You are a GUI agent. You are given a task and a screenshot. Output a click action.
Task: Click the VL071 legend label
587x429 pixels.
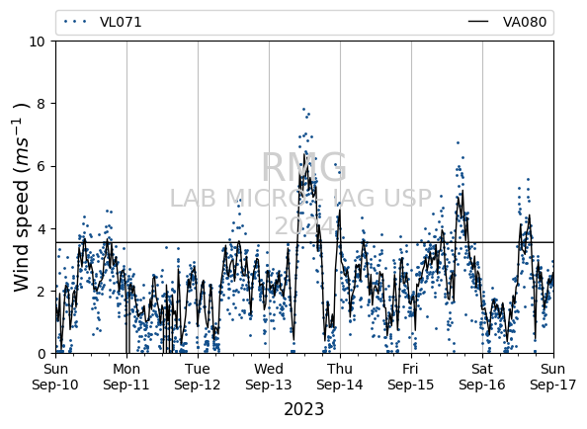[121, 22]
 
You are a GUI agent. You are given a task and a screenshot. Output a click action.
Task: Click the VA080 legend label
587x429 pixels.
[525, 22]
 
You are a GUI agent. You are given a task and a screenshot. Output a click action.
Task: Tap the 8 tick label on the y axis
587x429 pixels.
[42, 104]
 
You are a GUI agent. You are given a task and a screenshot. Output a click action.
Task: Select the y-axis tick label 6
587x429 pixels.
[42, 166]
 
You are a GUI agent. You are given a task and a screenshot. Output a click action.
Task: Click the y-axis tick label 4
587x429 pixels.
[42, 228]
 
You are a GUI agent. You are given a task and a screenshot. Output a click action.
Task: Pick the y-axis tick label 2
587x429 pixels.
[42, 292]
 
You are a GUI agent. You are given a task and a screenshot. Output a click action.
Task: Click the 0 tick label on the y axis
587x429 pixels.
[42, 354]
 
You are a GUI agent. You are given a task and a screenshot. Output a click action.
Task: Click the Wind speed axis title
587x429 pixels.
[21, 198]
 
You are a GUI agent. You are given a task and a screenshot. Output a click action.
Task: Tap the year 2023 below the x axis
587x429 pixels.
[304, 409]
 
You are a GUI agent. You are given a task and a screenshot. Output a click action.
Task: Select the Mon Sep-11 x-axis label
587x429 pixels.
[126, 377]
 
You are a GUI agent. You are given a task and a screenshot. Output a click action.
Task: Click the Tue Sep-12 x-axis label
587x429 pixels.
[198, 377]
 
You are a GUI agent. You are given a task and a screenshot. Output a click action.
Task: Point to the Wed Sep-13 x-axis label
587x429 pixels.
[269, 377]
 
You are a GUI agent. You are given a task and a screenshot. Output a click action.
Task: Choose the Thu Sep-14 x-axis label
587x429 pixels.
[340, 377]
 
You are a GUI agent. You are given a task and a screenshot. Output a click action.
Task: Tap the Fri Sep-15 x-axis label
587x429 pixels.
[411, 377]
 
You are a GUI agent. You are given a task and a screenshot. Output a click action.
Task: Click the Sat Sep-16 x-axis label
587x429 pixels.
[482, 377]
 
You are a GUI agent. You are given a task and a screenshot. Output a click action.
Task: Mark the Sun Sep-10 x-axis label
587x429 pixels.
[55, 377]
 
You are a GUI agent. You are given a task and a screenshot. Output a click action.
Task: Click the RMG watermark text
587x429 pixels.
[304, 167]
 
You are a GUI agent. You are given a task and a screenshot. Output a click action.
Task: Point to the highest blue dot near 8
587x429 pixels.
[303, 110]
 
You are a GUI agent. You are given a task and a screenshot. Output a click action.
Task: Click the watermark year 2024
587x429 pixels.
[304, 225]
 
